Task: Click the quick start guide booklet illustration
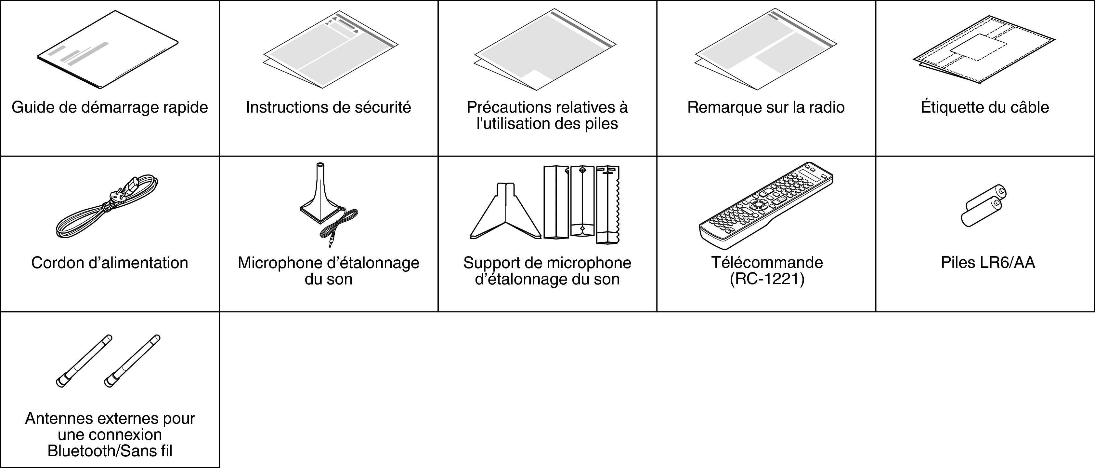[108, 50]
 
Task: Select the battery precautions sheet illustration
[545, 50]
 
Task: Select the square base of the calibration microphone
[321, 210]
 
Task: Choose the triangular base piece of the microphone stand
[506, 213]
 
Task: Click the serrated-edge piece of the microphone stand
[608, 204]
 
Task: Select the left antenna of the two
[84, 361]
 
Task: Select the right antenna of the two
[132, 361]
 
